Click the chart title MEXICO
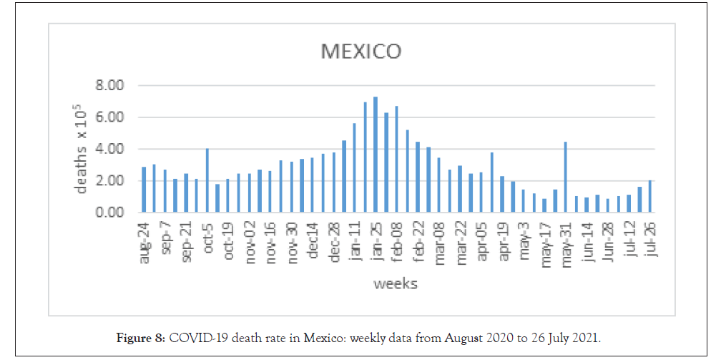pos(361,52)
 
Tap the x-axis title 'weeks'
pos(396,284)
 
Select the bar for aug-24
pos(144,190)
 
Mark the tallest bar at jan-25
pos(376,155)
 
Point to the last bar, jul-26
pos(649,196)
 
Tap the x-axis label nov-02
pos(250,241)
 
